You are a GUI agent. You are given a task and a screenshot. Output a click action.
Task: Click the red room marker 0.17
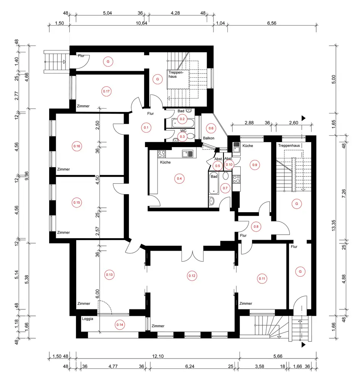(x=106, y=91)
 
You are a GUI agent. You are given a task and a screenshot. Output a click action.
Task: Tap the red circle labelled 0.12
(x=192, y=276)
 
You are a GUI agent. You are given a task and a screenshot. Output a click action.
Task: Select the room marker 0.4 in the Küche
(x=179, y=179)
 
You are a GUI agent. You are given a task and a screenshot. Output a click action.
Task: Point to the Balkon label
(x=209, y=138)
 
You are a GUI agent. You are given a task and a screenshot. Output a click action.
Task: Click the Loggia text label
(x=88, y=319)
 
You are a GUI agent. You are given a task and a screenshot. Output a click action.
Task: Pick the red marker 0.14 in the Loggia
(x=120, y=325)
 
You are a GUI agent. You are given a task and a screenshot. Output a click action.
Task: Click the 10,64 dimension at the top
(x=141, y=23)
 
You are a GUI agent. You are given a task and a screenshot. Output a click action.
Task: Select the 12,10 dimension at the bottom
(x=158, y=356)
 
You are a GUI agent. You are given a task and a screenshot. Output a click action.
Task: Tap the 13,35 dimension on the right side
(x=333, y=226)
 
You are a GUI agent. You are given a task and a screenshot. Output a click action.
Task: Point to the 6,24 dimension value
(x=190, y=367)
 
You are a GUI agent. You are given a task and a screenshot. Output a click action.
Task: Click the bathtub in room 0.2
(x=183, y=123)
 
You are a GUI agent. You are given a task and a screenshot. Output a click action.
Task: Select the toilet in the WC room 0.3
(x=191, y=136)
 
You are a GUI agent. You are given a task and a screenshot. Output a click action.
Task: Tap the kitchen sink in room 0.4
(x=188, y=154)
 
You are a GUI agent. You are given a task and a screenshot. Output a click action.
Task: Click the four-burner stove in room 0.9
(x=236, y=179)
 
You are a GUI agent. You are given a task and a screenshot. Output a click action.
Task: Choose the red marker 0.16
(x=77, y=146)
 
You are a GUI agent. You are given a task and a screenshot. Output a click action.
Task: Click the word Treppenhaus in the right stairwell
(x=289, y=146)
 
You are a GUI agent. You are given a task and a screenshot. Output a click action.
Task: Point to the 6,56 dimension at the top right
(x=272, y=23)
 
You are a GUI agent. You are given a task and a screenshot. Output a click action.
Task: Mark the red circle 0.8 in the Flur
(x=256, y=227)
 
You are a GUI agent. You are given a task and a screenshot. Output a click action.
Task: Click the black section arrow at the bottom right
(x=303, y=345)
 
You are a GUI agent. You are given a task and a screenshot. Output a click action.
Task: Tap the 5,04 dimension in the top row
(x=107, y=13)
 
